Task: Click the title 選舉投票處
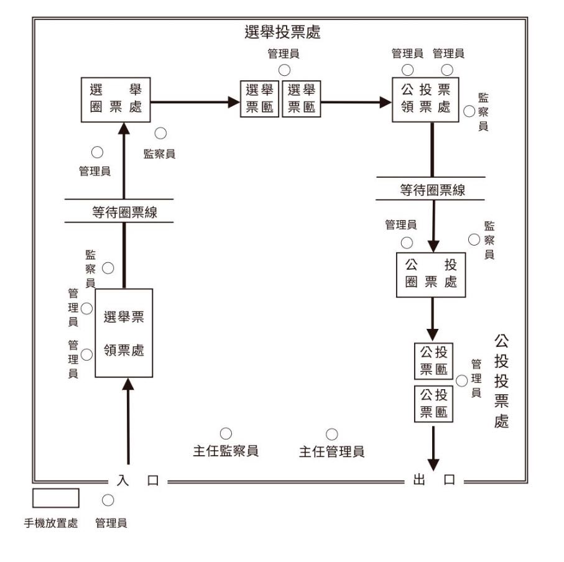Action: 283,32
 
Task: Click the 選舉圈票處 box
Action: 117,99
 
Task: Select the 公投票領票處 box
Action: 426,99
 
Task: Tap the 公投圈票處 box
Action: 431,274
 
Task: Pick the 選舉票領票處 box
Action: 124,333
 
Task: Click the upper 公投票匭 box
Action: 434,361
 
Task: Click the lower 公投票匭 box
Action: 434,403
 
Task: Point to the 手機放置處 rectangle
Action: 55,498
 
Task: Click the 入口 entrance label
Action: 134,481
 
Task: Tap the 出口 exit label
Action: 434,481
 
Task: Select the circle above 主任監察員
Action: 226,433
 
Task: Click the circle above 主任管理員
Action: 332,433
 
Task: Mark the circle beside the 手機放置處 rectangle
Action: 108,499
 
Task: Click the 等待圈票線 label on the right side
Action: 432,191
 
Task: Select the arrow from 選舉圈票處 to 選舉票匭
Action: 196,101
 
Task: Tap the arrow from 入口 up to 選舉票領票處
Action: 129,423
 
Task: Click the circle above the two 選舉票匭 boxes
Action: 284,70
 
